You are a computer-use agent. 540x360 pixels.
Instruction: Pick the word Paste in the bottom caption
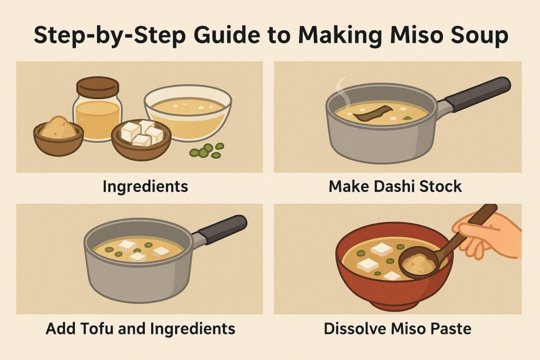(448, 329)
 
